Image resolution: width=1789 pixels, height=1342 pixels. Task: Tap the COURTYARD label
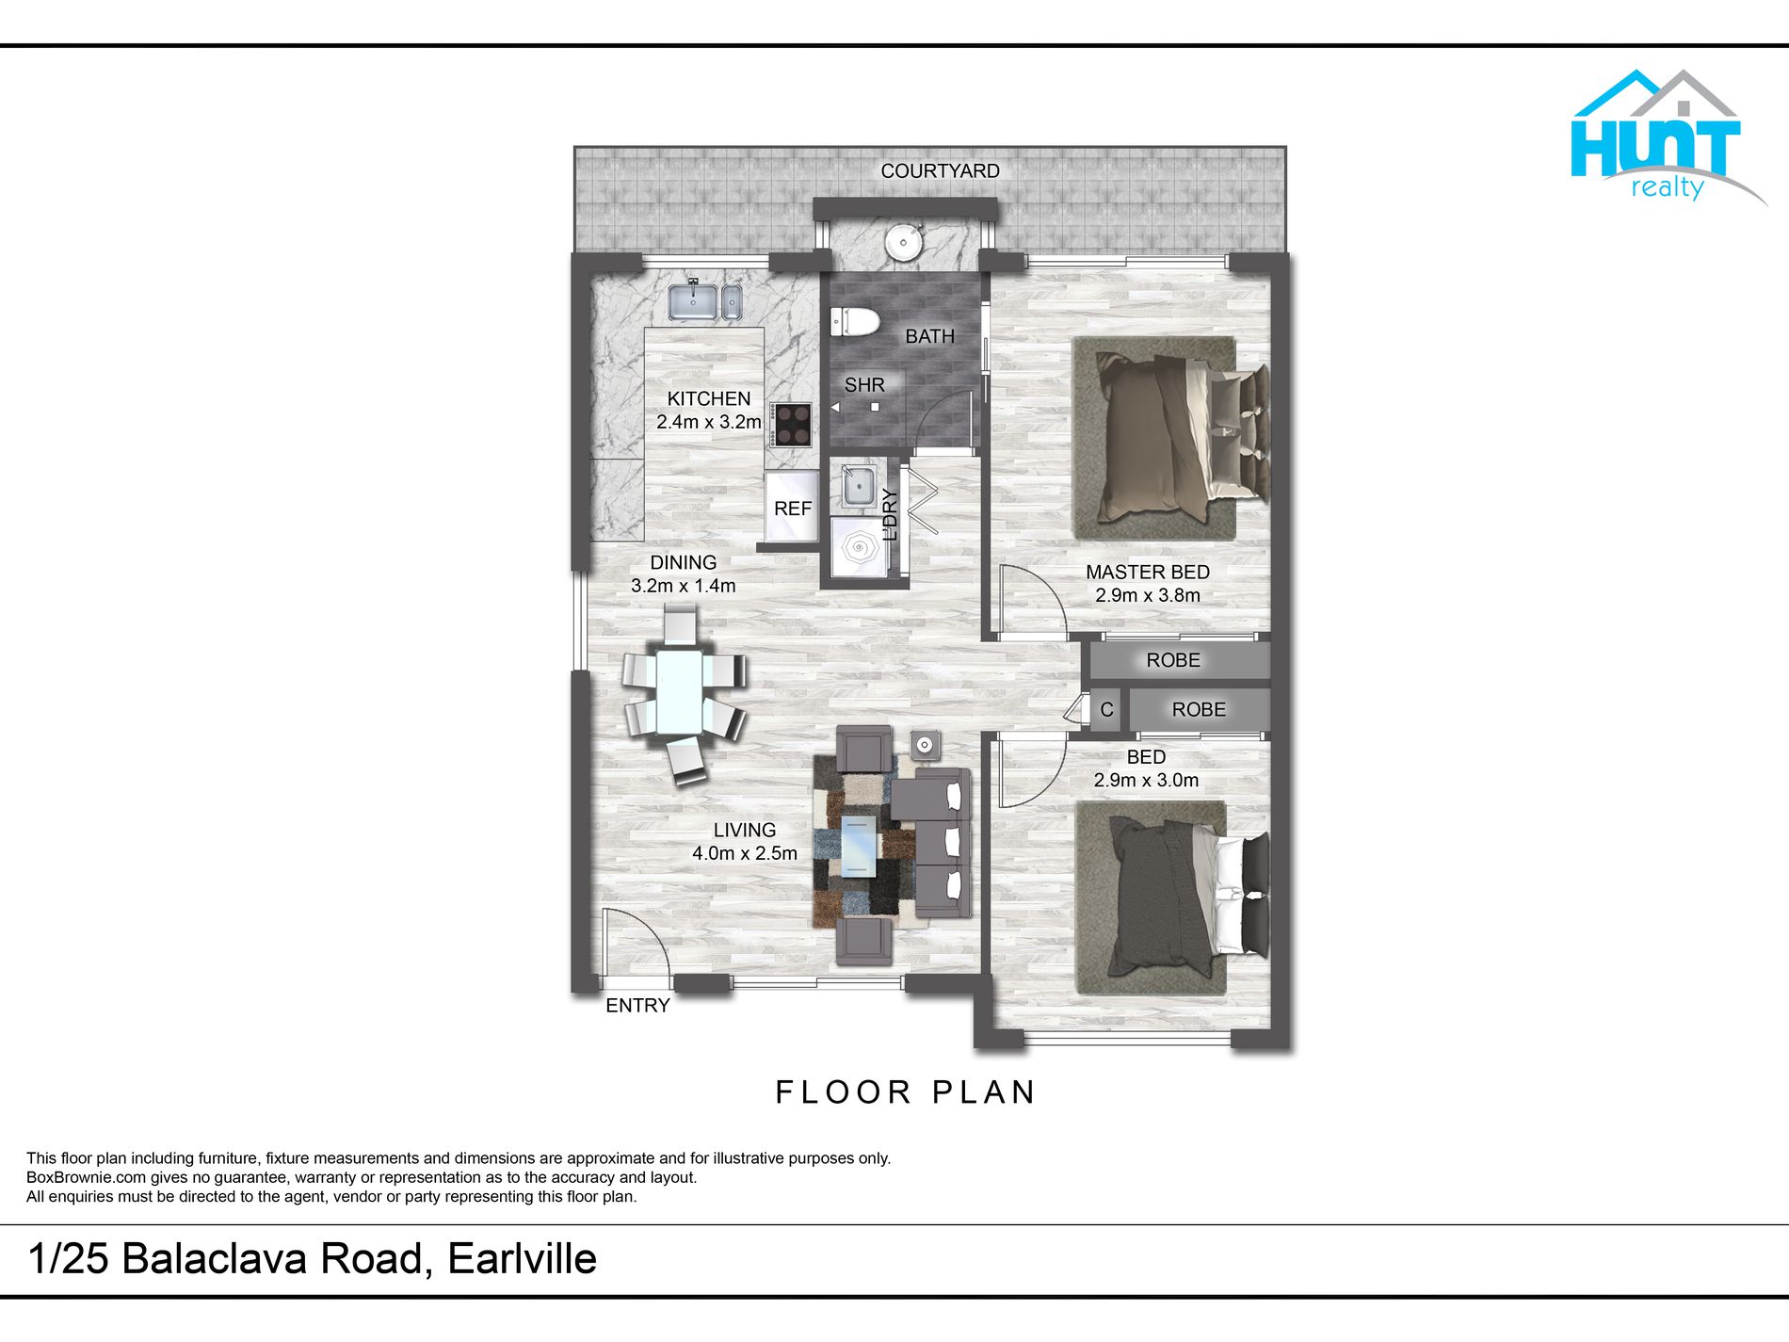940,171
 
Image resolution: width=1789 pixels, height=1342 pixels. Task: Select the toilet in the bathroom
855,322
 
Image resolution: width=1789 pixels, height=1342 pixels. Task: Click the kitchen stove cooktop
791,425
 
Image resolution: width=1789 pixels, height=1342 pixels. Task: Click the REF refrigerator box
792,508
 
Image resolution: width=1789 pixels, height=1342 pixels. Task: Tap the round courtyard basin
904,242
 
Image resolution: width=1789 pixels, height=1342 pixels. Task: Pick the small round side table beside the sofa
925,746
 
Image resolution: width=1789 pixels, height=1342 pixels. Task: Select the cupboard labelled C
1106,710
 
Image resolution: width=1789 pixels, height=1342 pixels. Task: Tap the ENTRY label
637,1006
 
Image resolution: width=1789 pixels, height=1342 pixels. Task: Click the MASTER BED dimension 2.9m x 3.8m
1148,595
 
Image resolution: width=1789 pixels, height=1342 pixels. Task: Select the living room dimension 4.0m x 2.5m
745,853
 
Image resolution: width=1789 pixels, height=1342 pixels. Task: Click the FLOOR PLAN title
906,1092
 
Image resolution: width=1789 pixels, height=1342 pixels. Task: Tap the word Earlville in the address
522,1259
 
